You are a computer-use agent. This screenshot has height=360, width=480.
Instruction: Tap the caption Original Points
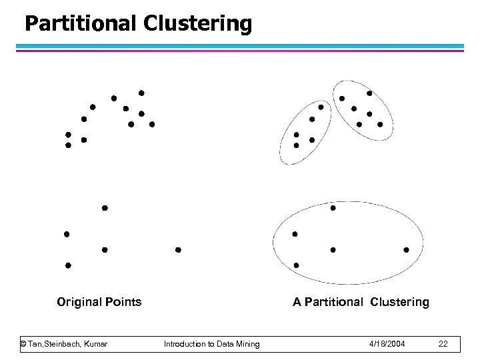pyautogui.click(x=99, y=302)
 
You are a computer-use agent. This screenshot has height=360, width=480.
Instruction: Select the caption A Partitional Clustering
pyautogui.click(x=361, y=302)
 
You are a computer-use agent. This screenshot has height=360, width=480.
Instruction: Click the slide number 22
pyautogui.click(x=443, y=344)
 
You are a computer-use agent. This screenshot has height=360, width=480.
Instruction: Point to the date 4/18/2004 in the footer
pyautogui.click(x=387, y=344)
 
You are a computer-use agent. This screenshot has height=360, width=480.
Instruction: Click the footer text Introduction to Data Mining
pyautogui.click(x=212, y=344)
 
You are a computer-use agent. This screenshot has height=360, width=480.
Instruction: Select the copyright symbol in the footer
pyautogui.click(x=23, y=344)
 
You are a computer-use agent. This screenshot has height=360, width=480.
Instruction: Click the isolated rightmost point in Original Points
pyautogui.click(x=178, y=250)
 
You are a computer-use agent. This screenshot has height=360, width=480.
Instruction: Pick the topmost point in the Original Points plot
pyautogui.click(x=141, y=93)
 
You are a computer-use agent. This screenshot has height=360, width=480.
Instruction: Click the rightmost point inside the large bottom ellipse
pyautogui.click(x=407, y=250)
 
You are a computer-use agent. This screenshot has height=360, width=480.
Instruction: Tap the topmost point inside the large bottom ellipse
pyautogui.click(x=333, y=208)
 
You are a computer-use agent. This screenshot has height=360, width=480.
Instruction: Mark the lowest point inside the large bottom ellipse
pyautogui.click(x=297, y=265)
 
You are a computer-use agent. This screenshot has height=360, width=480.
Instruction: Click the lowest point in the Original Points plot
pyautogui.click(x=68, y=265)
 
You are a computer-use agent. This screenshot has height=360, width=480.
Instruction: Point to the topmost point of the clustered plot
pyautogui.click(x=369, y=93)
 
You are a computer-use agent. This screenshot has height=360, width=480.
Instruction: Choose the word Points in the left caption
pyautogui.click(x=125, y=302)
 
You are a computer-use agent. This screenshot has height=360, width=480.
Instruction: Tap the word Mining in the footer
pyautogui.click(x=248, y=344)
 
